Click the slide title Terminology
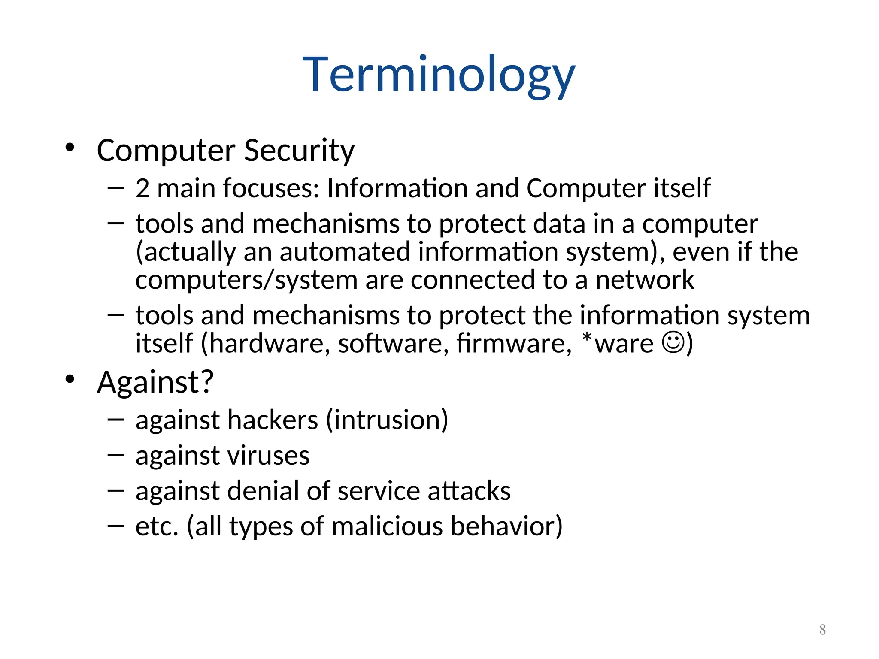[x=439, y=75]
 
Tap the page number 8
[x=822, y=629]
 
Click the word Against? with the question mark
[x=155, y=382]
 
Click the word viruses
[x=268, y=456]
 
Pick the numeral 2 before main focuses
[x=142, y=188]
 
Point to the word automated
[x=345, y=252]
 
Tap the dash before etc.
[x=115, y=526]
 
